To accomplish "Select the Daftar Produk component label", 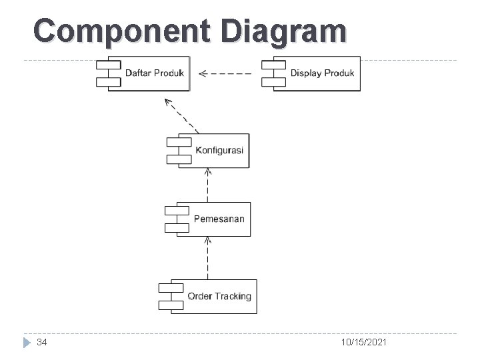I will click(155, 73).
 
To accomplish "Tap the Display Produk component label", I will click(322, 73).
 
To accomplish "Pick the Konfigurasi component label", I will click(219, 150).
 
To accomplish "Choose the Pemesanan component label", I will click(219, 219).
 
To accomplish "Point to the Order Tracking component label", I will click(219, 296).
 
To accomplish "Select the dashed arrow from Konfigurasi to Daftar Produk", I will click(181, 115).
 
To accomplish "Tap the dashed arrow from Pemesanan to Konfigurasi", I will click(208, 185).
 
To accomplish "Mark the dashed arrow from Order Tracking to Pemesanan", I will click(208, 257).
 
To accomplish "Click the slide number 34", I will click(41, 342).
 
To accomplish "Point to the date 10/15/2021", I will click(363, 342).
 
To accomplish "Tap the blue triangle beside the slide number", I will click(26, 342).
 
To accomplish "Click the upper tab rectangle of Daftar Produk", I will click(108, 65).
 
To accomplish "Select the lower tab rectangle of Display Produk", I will click(273, 81).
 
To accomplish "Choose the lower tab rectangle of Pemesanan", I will click(177, 227).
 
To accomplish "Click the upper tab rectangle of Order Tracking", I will click(171, 288).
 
